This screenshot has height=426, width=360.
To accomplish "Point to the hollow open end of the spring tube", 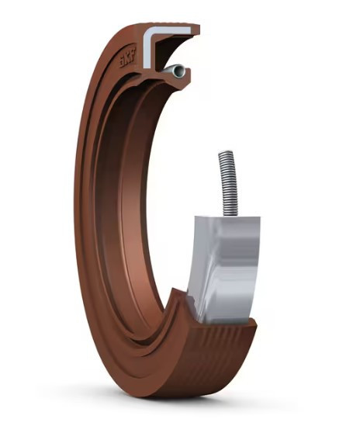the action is tap(178, 71).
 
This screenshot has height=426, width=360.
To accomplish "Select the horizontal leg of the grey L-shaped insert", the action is tap(171, 30).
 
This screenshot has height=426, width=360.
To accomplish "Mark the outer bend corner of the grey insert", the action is tap(146, 29).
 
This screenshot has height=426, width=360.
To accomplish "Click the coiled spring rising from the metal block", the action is tap(229, 184).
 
